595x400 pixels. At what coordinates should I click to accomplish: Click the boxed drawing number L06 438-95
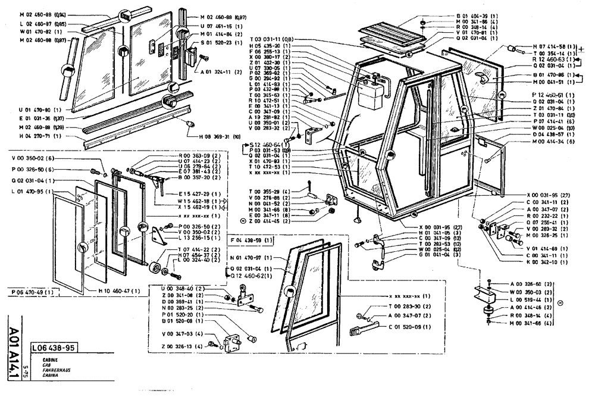click(54, 348)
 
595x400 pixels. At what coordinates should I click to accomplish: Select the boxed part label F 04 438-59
click(252, 239)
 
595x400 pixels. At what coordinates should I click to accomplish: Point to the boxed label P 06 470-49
click(35, 292)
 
